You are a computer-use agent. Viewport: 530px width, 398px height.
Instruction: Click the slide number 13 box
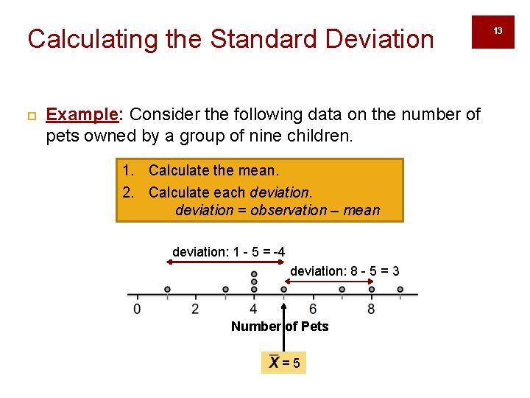(x=498, y=31)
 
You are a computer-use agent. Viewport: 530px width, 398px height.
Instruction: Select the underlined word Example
(x=82, y=114)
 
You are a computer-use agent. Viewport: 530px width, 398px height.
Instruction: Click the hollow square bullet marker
(x=31, y=116)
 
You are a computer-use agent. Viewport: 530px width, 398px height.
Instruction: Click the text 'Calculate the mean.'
(x=213, y=171)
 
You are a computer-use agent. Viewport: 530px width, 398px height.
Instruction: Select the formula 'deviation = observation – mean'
(x=278, y=210)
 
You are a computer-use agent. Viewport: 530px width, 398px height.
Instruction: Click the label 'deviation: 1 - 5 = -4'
(x=229, y=252)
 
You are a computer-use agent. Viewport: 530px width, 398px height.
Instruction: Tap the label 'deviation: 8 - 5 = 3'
(x=344, y=271)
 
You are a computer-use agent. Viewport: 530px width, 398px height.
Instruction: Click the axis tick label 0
(x=137, y=308)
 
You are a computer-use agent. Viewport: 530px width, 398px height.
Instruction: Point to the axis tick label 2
(x=195, y=308)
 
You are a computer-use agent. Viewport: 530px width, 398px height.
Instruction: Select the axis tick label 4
(x=254, y=308)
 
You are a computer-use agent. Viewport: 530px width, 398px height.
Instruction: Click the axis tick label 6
(x=313, y=308)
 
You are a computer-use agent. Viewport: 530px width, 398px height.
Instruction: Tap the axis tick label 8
(x=371, y=308)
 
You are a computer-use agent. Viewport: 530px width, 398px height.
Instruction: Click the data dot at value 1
(x=167, y=290)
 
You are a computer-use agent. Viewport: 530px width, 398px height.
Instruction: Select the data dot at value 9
(x=400, y=290)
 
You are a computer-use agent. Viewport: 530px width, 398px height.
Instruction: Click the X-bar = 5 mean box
(x=283, y=363)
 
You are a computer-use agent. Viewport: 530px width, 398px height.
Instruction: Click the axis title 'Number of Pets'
(x=280, y=327)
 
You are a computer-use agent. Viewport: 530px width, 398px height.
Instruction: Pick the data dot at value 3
(x=225, y=290)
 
